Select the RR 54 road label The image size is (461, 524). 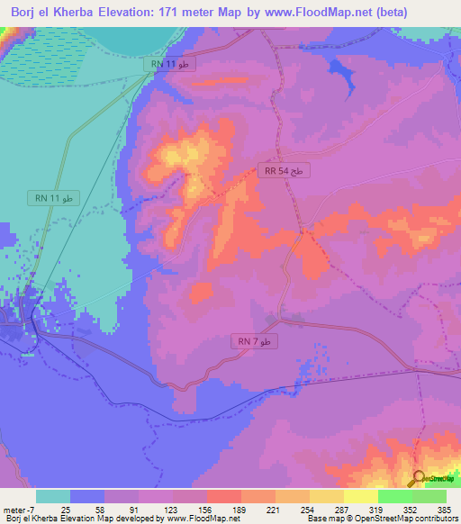(x=285, y=169)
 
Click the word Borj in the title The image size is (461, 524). (x=25, y=13)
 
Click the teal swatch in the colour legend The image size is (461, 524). (x=52, y=496)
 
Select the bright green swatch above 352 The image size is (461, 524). (x=395, y=496)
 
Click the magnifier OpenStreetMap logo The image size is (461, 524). (x=418, y=480)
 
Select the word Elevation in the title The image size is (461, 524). (x=117, y=13)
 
